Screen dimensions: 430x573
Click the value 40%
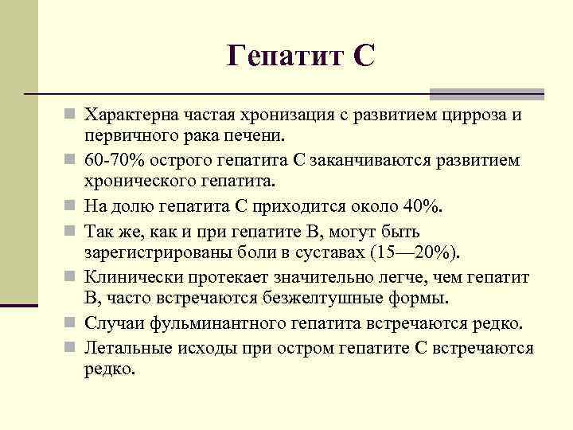coord(423,206)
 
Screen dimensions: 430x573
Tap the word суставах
coord(329,252)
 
